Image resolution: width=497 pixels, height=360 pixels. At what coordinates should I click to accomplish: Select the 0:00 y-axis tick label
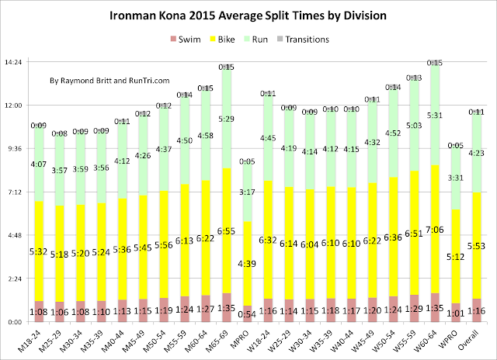(17, 322)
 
